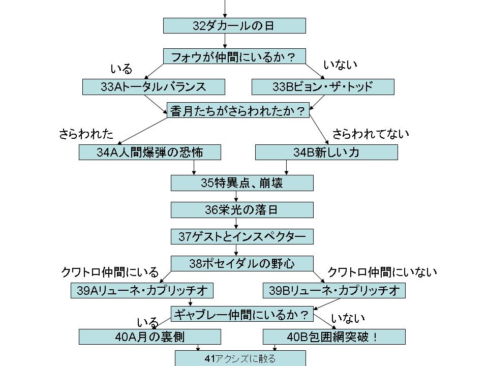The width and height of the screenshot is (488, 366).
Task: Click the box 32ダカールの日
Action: pos(234,26)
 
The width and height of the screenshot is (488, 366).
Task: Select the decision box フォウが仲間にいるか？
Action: pos(234,56)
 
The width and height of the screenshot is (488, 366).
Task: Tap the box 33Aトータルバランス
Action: pos(154,87)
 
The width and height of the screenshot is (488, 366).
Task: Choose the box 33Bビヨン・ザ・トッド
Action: pos(323,87)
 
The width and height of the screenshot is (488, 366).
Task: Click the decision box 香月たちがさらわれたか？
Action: pos(238,111)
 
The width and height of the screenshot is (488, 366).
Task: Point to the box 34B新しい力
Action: pos(326,152)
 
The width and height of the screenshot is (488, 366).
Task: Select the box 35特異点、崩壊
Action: pos(242,183)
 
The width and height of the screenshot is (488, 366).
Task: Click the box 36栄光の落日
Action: pos(242,210)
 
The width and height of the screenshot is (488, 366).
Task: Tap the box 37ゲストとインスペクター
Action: pos(242,236)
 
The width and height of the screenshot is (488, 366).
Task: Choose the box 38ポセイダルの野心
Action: pos(242,263)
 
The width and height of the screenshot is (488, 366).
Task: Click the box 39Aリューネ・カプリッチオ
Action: pos(142,290)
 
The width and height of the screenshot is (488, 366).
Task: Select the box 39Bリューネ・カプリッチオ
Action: pos(334,290)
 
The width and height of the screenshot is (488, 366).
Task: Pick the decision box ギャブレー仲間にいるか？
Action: pos(242,314)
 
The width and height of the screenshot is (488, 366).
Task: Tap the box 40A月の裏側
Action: pos(150,337)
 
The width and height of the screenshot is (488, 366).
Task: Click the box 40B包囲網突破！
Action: pos(334,337)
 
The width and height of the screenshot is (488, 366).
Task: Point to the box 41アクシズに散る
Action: pos(240,359)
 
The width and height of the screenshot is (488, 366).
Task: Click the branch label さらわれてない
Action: pos(371,134)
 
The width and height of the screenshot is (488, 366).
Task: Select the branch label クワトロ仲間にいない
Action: pos(382,272)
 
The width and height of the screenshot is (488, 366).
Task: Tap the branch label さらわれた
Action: pos(86,134)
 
